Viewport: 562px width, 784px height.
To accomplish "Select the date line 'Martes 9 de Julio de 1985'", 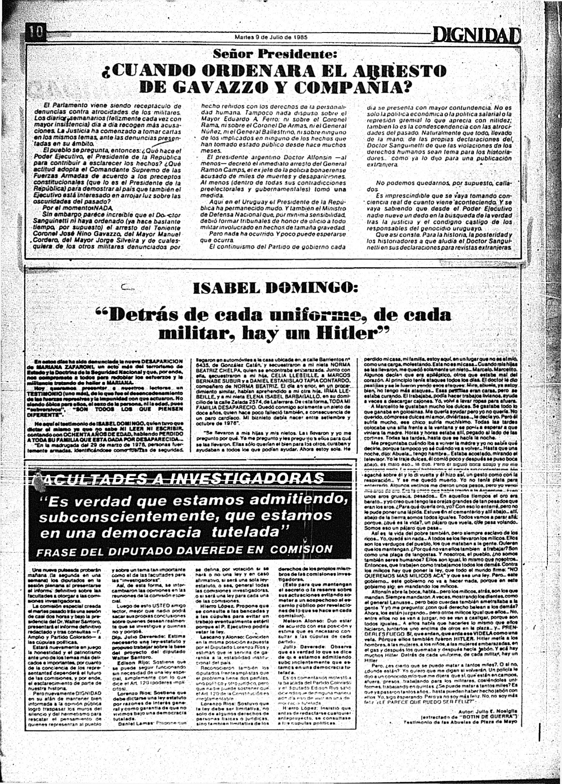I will tap(271, 37).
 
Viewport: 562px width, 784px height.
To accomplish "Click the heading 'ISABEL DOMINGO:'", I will tap(277, 287).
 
